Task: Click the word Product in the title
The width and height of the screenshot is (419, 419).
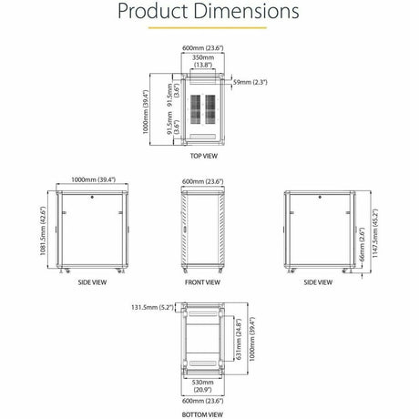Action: pos(157,13)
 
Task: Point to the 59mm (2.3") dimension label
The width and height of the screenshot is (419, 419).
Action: pos(251,82)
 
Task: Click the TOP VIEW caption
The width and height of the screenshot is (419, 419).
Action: pos(203,156)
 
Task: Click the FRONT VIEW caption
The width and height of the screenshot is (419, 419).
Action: pos(202,283)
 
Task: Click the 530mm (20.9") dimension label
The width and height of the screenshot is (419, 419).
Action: pos(202,387)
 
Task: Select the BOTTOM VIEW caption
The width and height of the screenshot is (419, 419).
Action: pos(202,414)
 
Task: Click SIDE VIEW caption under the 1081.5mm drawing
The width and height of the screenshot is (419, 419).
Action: pos(93,283)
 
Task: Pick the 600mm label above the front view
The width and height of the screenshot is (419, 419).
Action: pos(202,180)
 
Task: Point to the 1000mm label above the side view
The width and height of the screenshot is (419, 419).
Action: pos(93,180)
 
